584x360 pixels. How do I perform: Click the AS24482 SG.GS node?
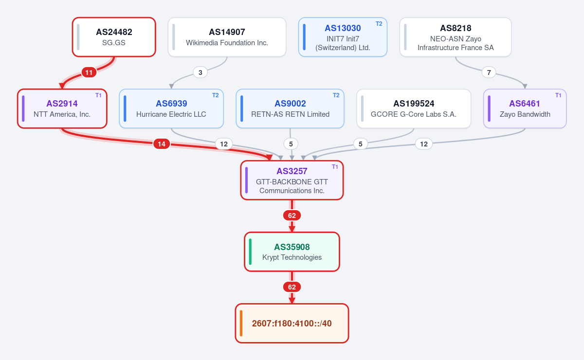[114, 37]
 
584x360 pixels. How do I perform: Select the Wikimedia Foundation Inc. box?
[227, 37]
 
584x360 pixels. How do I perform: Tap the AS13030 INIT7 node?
[343, 37]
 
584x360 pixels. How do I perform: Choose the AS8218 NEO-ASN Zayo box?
[456, 37]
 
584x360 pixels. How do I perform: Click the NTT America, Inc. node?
[62, 108]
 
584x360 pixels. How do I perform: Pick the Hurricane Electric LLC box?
[171, 108]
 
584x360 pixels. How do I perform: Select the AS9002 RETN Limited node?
[290, 108]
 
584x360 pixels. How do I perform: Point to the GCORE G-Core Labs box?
[414, 108]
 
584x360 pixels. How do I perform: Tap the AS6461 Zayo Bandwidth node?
[525, 108]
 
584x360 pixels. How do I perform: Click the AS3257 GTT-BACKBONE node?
[292, 180]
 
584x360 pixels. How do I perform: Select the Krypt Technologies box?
[292, 252]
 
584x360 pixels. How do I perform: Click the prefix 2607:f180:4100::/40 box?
[292, 323]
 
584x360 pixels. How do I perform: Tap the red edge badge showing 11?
[89, 72]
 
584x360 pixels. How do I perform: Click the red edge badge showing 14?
[162, 144]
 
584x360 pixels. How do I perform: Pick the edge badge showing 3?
[200, 72]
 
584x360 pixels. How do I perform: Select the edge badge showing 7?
[489, 72]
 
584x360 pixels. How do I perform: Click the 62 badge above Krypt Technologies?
[292, 216]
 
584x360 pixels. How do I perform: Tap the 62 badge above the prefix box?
[292, 287]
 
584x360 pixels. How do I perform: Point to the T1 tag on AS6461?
[558, 95]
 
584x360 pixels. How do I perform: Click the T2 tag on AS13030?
[379, 24]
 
